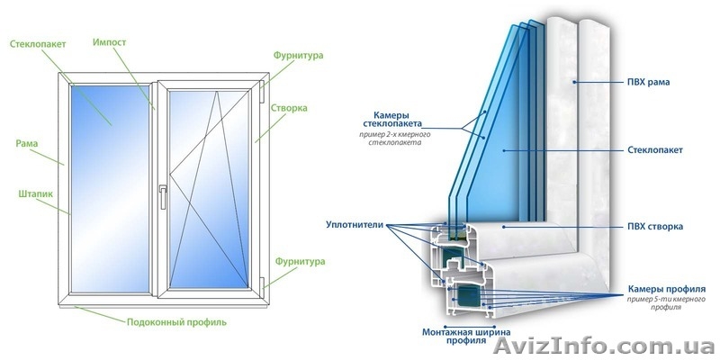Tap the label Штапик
pyautogui.click(x=33, y=193)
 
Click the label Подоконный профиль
pyautogui.click(x=175, y=321)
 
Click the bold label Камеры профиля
pyautogui.click(x=666, y=288)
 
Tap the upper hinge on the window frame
pyautogui.click(x=263, y=88)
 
